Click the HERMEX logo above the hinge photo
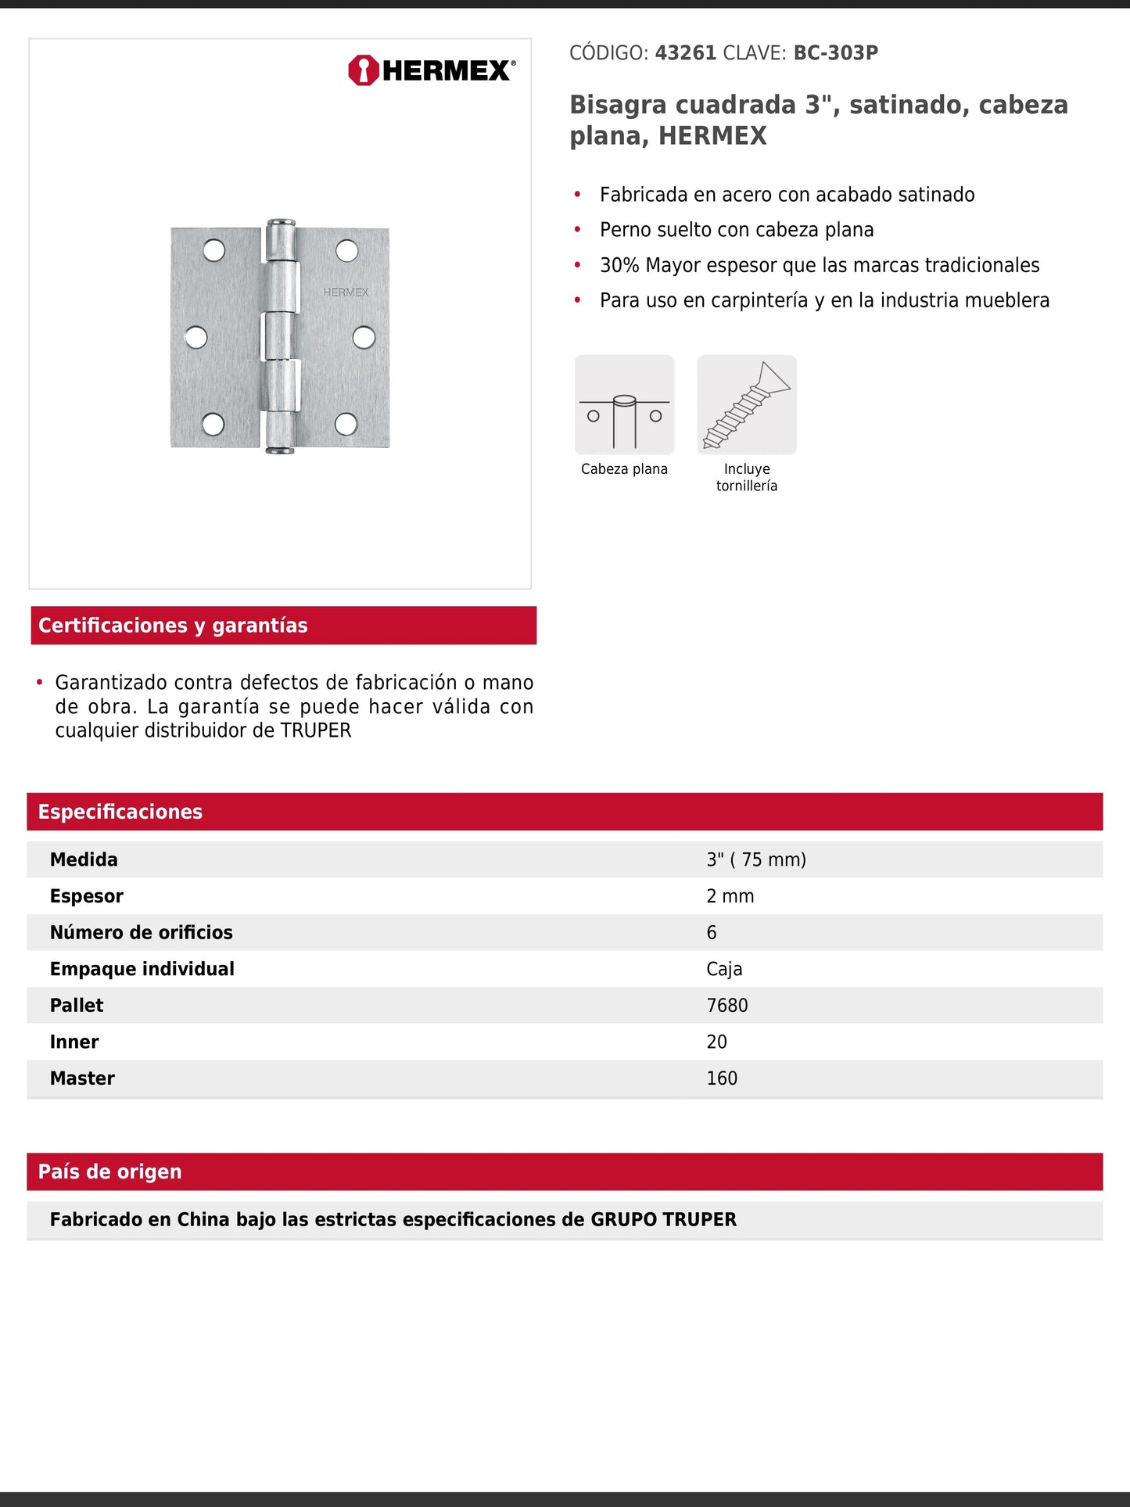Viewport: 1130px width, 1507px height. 432,70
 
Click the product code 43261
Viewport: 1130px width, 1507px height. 685,53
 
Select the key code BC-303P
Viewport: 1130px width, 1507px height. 835,53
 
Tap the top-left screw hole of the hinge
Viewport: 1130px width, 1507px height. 213,250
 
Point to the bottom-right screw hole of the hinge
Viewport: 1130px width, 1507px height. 346,424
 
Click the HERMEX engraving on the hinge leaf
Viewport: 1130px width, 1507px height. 346,292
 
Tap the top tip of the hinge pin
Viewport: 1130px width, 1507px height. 280,223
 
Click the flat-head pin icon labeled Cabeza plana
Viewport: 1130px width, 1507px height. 624,405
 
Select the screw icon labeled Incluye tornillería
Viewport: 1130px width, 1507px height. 747,405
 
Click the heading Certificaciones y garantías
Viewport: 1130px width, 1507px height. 173,626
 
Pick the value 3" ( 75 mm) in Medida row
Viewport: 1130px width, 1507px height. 755,859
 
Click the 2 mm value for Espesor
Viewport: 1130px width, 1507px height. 730,896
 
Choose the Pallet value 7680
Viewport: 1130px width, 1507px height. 726,1006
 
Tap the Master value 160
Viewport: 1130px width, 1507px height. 721,1078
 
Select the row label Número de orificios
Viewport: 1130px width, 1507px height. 141,932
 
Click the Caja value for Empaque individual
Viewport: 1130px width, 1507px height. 724,969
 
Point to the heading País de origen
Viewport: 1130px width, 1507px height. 109,1172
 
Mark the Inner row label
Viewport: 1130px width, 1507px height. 74,1042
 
